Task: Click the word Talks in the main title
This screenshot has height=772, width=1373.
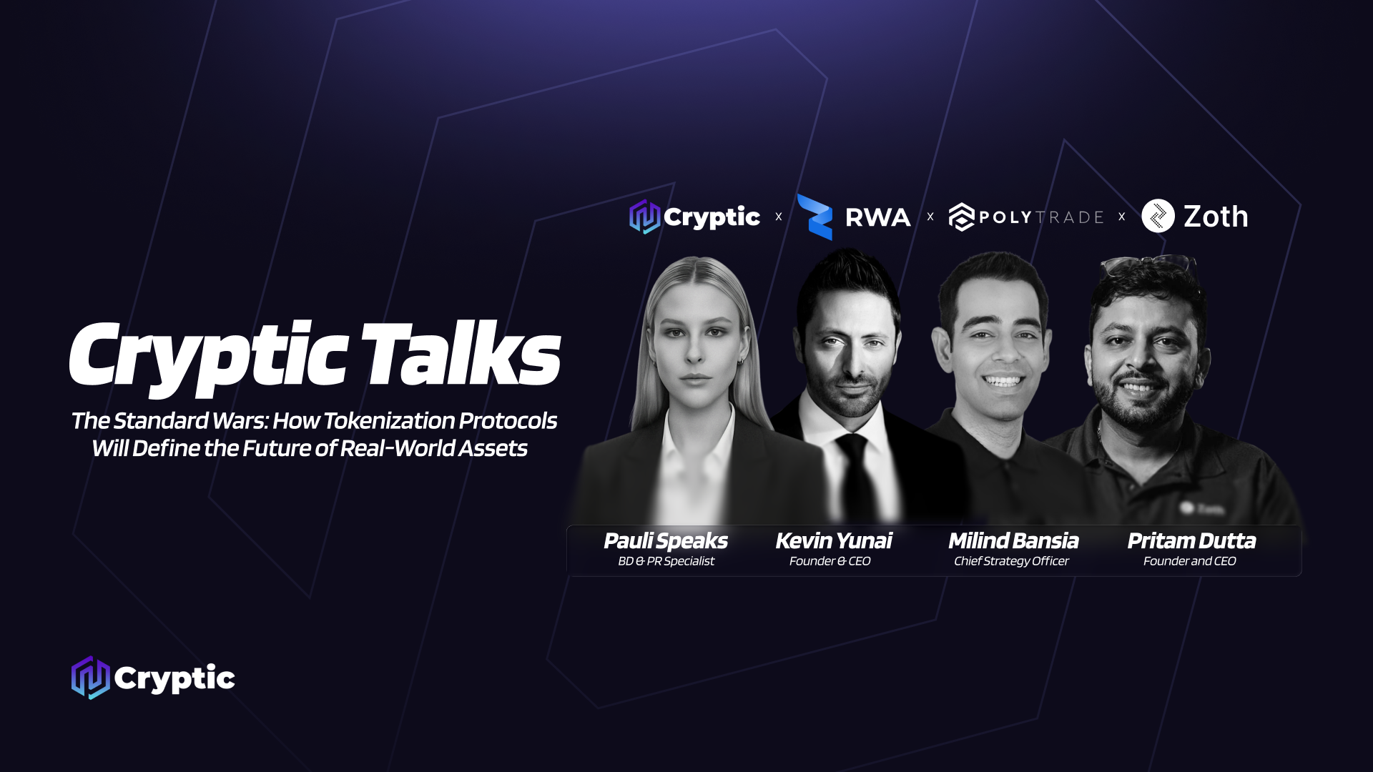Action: (x=461, y=355)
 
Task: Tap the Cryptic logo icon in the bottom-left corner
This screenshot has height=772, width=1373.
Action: (x=90, y=678)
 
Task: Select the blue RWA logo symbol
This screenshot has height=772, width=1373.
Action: (x=815, y=217)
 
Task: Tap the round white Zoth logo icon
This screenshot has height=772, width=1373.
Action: (x=1158, y=216)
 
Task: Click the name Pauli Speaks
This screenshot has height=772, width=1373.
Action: (x=666, y=541)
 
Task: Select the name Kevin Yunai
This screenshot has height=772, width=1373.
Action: (x=834, y=541)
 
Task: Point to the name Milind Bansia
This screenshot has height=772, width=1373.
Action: (x=1013, y=541)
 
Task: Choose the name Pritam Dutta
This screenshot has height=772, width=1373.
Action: (x=1191, y=541)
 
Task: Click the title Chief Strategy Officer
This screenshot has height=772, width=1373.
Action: (x=1011, y=561)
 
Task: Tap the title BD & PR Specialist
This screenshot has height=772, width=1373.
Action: (x=666, y=561)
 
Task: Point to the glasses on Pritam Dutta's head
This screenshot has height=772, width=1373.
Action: (x=1148, y=264)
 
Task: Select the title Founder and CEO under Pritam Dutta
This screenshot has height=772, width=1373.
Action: (x=1189, y=561)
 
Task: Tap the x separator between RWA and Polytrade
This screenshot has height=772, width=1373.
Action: (x=930, y=217)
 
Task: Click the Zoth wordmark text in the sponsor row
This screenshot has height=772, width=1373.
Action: (x=1216, y=217)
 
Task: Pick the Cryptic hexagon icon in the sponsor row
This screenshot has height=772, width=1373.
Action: (x=644, y=217)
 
